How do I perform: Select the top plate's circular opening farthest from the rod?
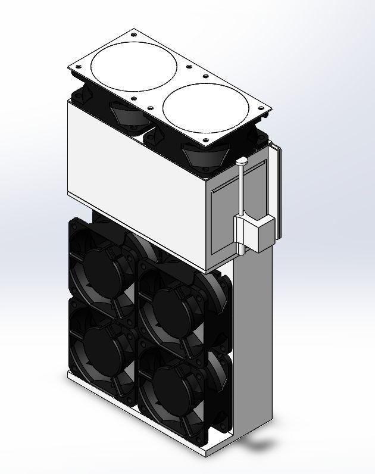tap(129, 64)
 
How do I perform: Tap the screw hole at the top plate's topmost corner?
tap(138, 30)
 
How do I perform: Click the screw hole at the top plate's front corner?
tap(206, 142)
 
